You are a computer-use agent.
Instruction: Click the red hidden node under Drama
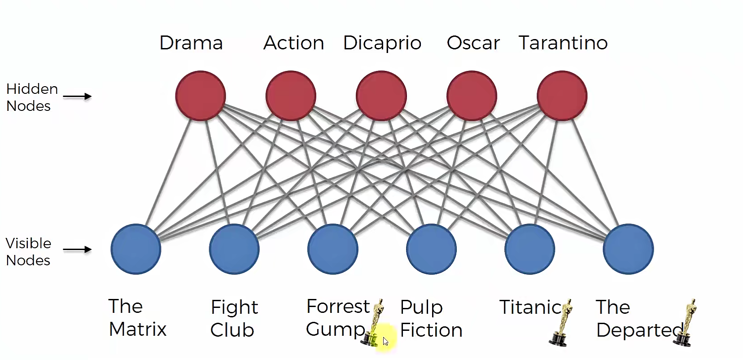(200, 96)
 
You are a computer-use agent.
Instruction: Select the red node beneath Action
(291, 96)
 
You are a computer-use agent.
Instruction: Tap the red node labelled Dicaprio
(381, 96)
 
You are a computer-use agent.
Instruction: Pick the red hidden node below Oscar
(472, 96)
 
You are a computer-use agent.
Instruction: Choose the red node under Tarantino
(562, 96)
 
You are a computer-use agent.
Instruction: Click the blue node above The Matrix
(135, 249)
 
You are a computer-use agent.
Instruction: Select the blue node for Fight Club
(234, 249)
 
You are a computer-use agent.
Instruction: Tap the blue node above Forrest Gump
(332, 249)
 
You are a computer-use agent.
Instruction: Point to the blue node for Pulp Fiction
(431, 249)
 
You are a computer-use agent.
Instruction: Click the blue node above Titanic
(529, 249)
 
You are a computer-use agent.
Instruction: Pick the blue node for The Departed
(628, 249)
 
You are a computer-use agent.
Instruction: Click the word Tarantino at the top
(563, 43)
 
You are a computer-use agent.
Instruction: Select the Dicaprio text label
(382, 43)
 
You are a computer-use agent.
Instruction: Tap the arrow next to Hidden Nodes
(77, 96)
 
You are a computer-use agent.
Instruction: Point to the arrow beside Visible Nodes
(77, 250)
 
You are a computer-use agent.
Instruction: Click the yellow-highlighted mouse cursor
(385, 341)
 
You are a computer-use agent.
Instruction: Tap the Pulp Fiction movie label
(431, 319)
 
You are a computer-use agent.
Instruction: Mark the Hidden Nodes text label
(31, 97)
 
